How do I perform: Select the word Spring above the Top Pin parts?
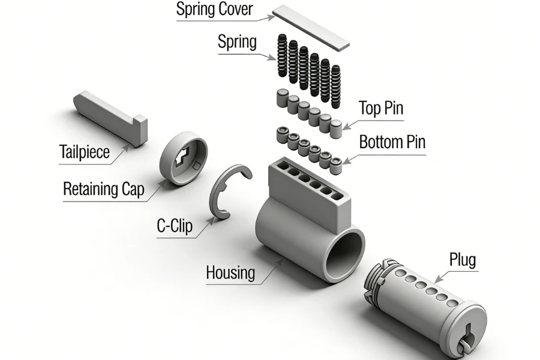(237, 43)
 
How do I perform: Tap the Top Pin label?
(380, 109)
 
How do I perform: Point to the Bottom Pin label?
(392, 143)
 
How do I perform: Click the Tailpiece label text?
(85, 152)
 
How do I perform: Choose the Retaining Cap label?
(104, 189)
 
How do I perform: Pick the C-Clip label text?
(175, 226)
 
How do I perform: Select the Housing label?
(230, 272)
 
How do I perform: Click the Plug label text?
(462, 260)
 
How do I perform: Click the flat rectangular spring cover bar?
(311, 27)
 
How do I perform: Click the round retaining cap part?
(183, 160)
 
